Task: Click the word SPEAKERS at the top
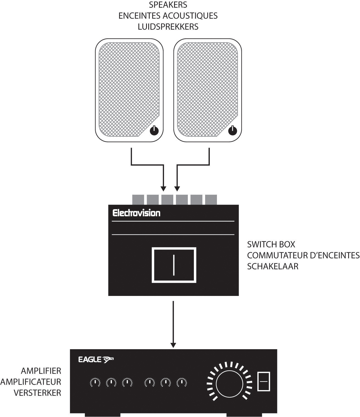point(168,5)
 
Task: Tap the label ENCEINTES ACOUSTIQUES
point(168,16)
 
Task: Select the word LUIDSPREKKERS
point(168,27)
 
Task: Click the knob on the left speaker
point(154,131)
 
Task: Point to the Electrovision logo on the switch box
point(136,213)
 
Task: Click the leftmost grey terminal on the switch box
point(138,200)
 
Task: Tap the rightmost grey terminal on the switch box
point(211,200)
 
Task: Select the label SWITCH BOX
point(271,244)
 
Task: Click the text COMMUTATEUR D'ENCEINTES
point(303,255)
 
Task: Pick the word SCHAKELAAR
point(272,266)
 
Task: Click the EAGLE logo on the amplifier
point(96,359)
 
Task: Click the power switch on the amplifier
point(264,381)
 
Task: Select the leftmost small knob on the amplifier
point(95,382)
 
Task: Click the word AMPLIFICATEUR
point(30,382)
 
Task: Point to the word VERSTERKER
point(37,393)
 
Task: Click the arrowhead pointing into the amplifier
point(173,345)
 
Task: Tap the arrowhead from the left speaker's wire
point(163,189)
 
